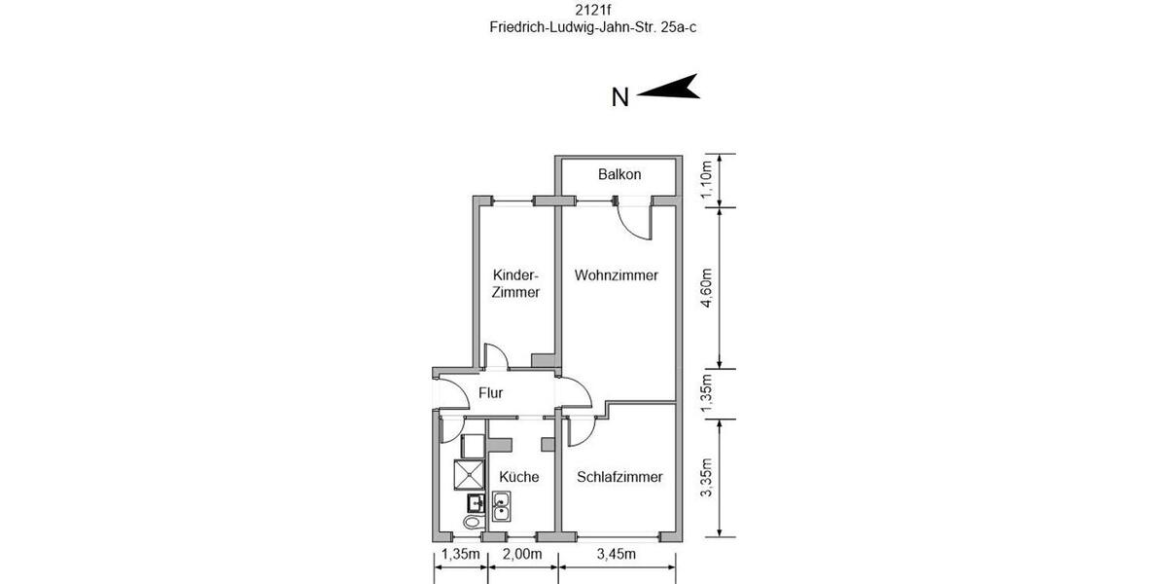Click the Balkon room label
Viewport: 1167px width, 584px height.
619,175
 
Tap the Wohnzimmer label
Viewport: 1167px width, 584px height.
616,275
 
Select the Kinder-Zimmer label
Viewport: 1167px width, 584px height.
515,283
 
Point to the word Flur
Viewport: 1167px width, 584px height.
490,394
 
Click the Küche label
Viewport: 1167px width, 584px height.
518,477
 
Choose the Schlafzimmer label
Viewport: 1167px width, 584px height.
619,477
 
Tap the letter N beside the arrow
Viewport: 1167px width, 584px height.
619,96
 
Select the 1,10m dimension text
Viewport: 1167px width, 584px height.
707,179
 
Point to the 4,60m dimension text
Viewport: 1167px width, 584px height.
707,288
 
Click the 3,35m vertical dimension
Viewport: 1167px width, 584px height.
707,477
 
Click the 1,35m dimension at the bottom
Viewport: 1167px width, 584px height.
461,555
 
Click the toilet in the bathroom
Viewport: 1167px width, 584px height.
472,523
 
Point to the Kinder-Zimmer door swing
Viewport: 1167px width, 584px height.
496,356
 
